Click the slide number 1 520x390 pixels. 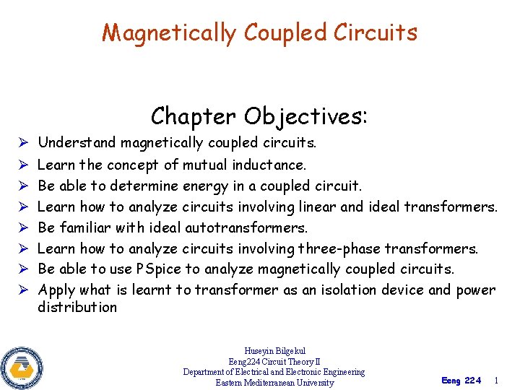click(x=495, y=380)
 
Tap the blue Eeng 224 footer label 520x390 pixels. click(x=460, y=381)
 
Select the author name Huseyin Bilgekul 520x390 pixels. click(x=274, y=351)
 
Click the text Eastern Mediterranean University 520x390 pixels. click(x=274, y=383)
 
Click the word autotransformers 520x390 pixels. click(x=246, y=227)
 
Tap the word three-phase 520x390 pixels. click(x=338, y=248)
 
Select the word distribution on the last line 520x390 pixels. click(x=77, y=307)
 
